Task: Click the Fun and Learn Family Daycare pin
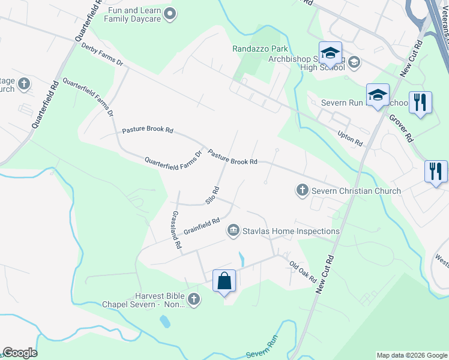coord(169,14)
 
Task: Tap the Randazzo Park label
coord(261,49)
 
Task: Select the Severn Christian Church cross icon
coord(303,191)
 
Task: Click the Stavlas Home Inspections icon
coord(233,230)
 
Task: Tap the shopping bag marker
coord(224,281)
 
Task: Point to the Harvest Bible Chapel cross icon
coord(193,299)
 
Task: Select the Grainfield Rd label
coord(203,225)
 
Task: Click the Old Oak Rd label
coord(303,271)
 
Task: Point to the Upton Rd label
coord(350,139)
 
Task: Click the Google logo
coord(20,353)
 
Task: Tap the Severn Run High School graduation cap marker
coord(378,95)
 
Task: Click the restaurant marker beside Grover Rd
coord(420,102)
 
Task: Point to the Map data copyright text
coord(412,355)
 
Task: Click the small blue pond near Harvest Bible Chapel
coord(164,321)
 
